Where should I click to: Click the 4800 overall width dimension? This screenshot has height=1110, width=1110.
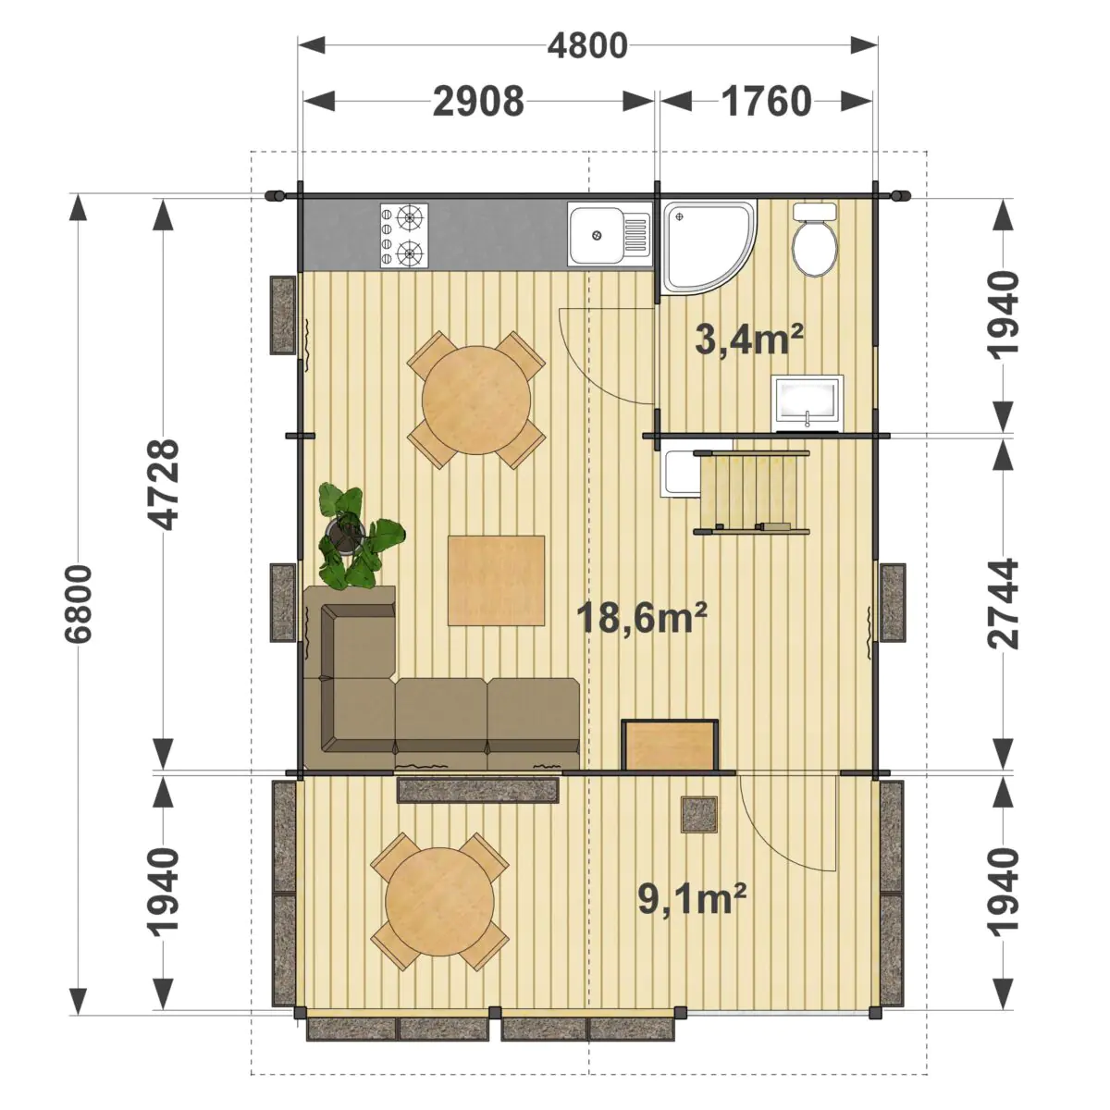[587, 46]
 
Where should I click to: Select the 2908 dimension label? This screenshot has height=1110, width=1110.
[478, 102]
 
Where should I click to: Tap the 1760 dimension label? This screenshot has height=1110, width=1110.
[766, 102]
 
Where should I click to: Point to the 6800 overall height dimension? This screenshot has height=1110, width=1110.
[79, 604]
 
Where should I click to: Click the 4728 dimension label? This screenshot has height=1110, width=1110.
[163, 485]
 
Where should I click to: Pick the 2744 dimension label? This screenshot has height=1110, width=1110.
[1003, 604]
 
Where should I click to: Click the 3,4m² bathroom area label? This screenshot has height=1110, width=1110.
[749, 339]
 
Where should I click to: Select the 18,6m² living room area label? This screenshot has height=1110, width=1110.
[641, 617]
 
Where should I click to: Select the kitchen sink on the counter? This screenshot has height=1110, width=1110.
[609, 234]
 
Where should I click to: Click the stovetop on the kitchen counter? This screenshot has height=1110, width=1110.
[404, 236]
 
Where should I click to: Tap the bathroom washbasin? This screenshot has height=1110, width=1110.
[807, 403]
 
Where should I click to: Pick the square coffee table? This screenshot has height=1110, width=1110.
[496, 580]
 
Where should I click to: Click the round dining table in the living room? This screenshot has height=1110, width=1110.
[476, 400]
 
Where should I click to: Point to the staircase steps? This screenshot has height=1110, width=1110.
[752, 493]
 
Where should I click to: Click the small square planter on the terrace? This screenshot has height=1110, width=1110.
[699, 815]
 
